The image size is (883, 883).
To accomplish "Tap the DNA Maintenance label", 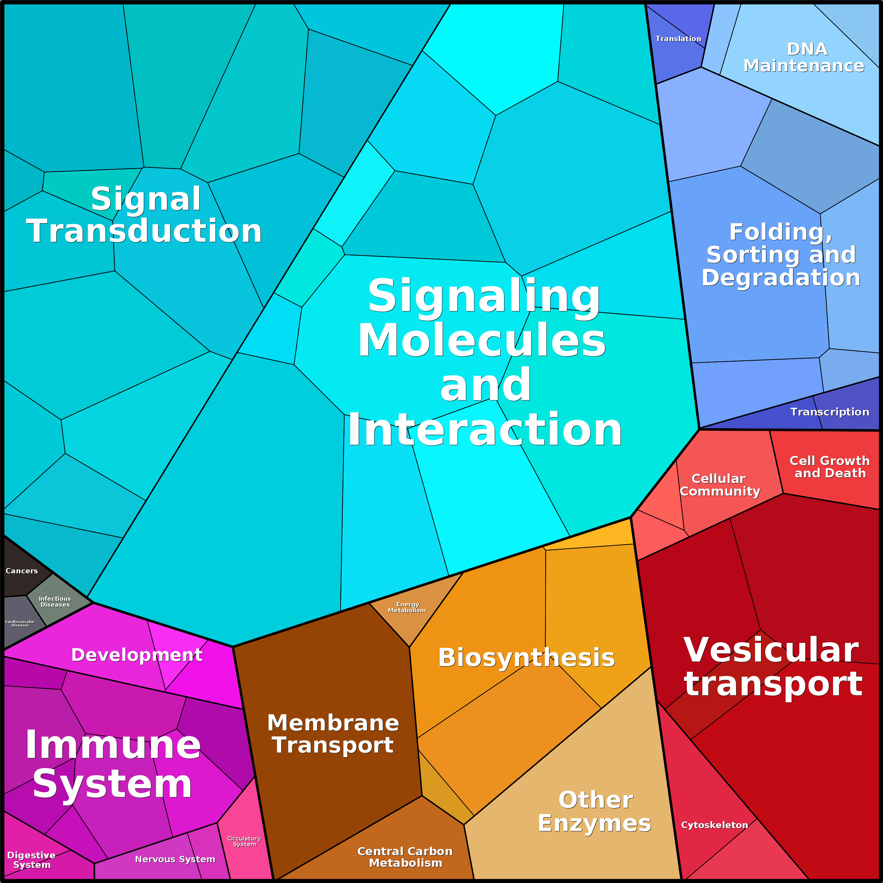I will coord(804,58).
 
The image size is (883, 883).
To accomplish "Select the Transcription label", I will coord(830,412).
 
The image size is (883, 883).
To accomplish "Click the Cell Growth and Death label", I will coord(830,467).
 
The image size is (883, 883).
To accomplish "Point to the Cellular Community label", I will coord(720,485).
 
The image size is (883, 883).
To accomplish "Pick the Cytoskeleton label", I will coord(714,825).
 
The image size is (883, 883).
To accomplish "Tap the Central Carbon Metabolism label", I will coord(405,857).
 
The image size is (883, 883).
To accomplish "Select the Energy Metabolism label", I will coord(407,607).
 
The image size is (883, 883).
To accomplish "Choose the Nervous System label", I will coord(175,859).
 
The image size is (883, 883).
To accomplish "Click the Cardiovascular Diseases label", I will coord(20,623).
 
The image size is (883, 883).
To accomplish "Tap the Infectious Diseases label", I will coord(55,601).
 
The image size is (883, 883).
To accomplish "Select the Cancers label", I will coord(21,571).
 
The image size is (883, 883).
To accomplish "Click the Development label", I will coord(137,655).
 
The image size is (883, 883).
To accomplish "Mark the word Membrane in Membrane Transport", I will coord(333,723).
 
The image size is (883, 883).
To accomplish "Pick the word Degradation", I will coord(781,277).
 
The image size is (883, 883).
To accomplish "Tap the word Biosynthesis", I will coord(527,658).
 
